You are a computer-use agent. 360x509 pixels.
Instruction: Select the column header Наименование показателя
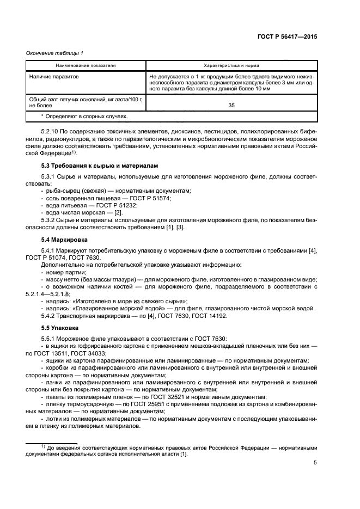point(87,65)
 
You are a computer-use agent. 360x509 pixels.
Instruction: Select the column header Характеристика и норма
point(231,65)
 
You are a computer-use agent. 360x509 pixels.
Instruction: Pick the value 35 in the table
point(231,107)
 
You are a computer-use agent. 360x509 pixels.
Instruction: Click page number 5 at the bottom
point(315,463)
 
